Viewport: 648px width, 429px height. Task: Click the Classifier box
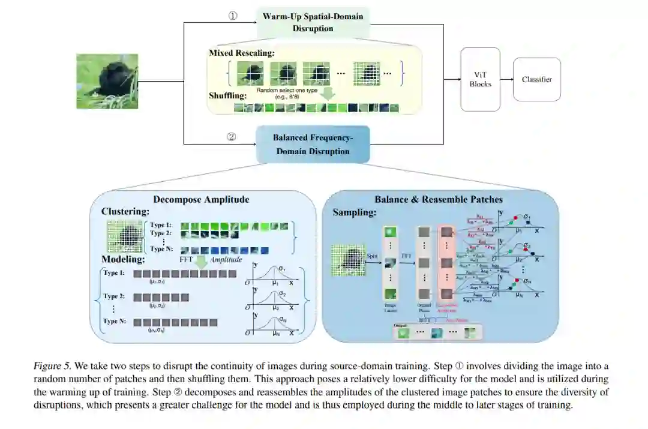[x=536, y=79]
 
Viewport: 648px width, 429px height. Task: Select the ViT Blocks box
[x=480, y=79]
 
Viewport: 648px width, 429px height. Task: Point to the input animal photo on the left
[x=107, y=82]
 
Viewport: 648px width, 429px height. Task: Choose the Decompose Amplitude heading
[x=201, y=200]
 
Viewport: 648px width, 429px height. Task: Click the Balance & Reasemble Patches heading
[x=439, y=199]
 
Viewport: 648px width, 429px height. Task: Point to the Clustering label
[x=126, y=212]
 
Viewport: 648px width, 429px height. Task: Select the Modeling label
[x=123, y=259]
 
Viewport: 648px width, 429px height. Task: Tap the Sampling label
[x=355, y=212]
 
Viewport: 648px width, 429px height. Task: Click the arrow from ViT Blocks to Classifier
[x=506, y=79]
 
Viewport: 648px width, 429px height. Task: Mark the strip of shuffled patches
[x=316, y=108]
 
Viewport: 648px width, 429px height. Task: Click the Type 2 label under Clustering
[x=160, y=233]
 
